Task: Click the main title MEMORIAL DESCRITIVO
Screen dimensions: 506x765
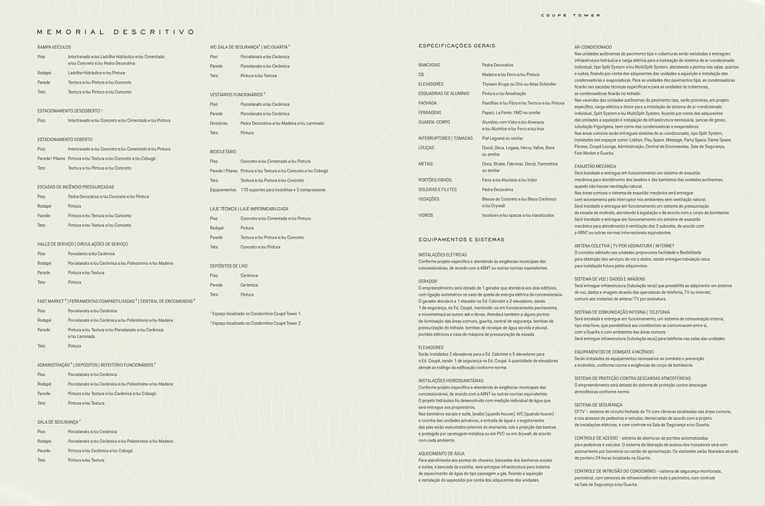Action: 116,31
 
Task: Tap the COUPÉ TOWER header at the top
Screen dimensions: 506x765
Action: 571,15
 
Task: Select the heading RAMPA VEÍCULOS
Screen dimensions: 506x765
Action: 54,47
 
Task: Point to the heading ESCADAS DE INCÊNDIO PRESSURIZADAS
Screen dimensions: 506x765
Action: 81,186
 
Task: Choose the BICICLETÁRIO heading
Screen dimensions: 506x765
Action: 223,152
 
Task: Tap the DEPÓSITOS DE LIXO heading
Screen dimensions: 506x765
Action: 229,265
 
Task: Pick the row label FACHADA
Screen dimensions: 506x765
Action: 428,103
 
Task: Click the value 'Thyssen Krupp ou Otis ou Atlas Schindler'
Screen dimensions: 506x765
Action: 519,84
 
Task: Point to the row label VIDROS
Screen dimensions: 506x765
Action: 426,214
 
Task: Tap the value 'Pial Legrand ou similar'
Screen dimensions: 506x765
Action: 503,138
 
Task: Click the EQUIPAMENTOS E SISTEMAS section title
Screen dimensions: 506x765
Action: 468,239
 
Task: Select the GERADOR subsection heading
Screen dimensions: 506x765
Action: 427,281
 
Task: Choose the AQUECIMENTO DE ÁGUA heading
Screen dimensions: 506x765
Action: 442,454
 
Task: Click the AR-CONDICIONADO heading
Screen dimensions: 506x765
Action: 593,46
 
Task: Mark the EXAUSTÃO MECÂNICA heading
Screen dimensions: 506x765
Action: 595,166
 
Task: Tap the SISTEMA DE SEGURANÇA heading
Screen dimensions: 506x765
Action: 598,404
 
